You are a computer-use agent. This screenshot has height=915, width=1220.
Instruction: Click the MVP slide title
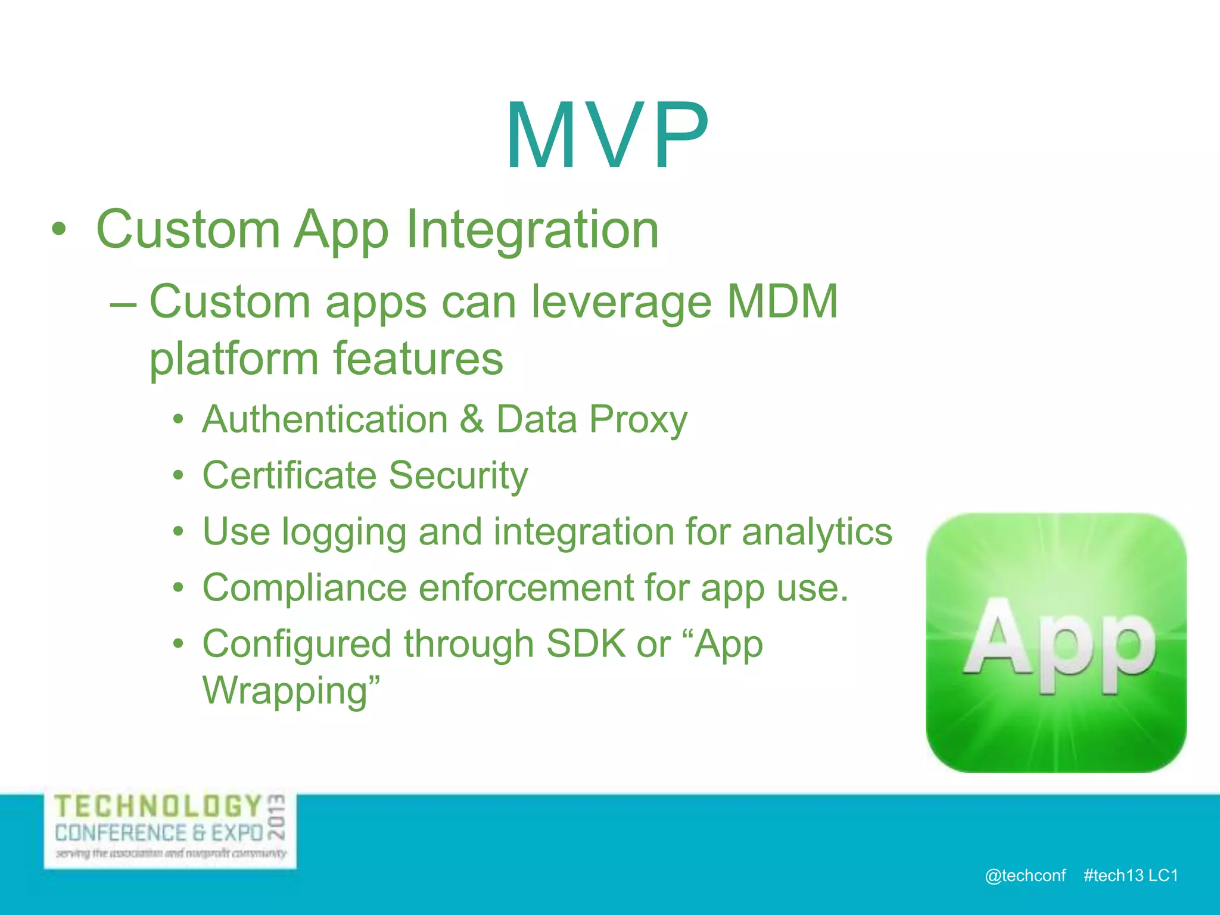coord(608,136)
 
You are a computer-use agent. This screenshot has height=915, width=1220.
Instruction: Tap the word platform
coord(234,360)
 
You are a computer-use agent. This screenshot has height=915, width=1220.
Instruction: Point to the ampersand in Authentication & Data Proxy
coord(472,419)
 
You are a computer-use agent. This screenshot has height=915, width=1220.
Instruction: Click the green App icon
coord(1056,643)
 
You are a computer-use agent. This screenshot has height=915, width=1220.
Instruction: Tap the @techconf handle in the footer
coord(1025,875)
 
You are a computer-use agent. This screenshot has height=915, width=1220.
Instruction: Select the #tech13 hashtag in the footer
coord(1113,875)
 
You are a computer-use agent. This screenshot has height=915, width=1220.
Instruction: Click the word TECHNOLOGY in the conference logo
coord(158,807)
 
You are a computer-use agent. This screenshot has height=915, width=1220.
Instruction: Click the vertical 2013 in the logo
coord(276,816)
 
